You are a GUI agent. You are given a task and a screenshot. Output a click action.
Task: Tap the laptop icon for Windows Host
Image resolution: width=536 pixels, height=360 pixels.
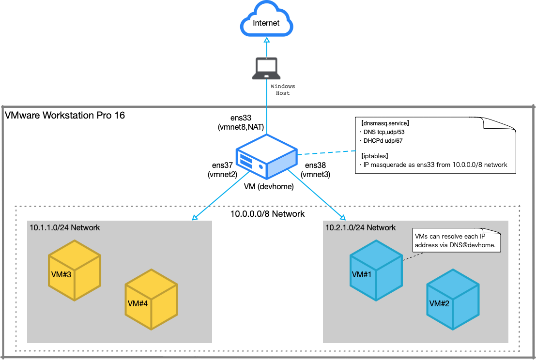point(266,68)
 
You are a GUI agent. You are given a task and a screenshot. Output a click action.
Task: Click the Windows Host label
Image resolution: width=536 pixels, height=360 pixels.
point(282,90)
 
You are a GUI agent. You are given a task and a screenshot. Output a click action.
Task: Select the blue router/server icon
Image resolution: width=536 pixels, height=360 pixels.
point(266,157)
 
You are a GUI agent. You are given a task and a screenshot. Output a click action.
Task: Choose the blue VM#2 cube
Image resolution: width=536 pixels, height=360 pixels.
point(453,300)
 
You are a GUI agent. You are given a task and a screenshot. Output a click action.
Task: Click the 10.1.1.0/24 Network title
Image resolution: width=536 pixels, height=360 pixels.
point(65,227)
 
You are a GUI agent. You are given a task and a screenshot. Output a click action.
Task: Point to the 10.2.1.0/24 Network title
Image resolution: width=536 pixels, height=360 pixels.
point(361,227)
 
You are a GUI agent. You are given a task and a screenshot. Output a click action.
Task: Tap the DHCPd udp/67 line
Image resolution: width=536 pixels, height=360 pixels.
point(383,141)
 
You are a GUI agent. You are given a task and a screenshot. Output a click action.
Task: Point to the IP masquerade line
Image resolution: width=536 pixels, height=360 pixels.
point(433,165)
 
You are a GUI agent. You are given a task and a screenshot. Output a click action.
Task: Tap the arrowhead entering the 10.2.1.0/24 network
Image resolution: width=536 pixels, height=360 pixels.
point(342,218)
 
